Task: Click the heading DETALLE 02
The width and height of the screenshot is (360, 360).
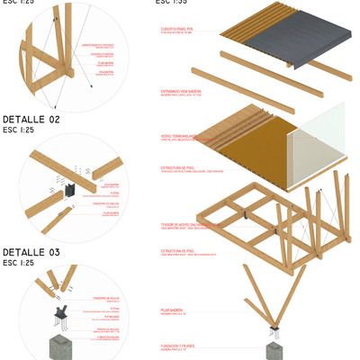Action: [x=31, y=119]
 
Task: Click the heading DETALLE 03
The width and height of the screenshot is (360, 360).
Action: [x=31, y=252]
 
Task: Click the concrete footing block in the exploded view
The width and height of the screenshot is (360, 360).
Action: [x=274, y=350]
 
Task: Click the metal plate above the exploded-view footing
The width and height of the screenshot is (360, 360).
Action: [x=274, y=335]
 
